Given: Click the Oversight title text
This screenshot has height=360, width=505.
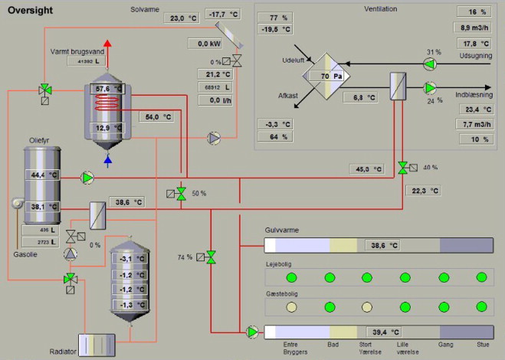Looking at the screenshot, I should pos(30,11).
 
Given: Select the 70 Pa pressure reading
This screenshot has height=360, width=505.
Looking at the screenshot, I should pos(330,77).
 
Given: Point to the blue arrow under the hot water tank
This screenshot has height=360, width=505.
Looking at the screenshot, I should pos(107,160).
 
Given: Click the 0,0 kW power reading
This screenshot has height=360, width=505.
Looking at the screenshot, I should pos(205,44).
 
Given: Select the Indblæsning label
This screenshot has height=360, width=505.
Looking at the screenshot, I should pos(473,94).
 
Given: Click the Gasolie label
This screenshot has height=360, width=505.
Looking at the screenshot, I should pos(25,254).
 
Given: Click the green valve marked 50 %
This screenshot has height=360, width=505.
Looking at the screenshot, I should pos(181,194).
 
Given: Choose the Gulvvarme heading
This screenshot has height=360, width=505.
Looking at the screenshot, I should pos(281,229).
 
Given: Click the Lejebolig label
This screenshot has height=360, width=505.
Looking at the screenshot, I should pos(279,264).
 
